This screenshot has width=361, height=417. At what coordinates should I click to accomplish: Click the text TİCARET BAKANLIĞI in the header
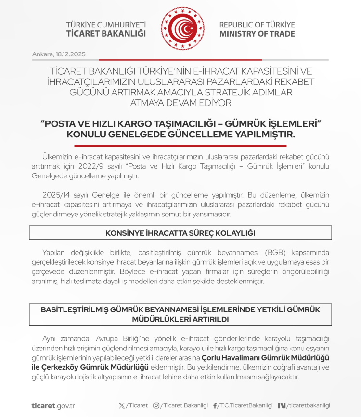point(106,34)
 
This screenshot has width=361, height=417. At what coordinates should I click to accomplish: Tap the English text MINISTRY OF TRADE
point(257,34)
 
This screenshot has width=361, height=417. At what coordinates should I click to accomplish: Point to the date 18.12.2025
point(72,54)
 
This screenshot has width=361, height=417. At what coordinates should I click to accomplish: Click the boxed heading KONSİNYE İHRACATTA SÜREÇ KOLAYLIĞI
point(180,233)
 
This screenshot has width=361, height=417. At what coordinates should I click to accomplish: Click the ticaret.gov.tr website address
point(53,405)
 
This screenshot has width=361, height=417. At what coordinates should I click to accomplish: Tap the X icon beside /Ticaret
point(121,405)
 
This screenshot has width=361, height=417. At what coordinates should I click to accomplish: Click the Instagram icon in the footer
point(156,405)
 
